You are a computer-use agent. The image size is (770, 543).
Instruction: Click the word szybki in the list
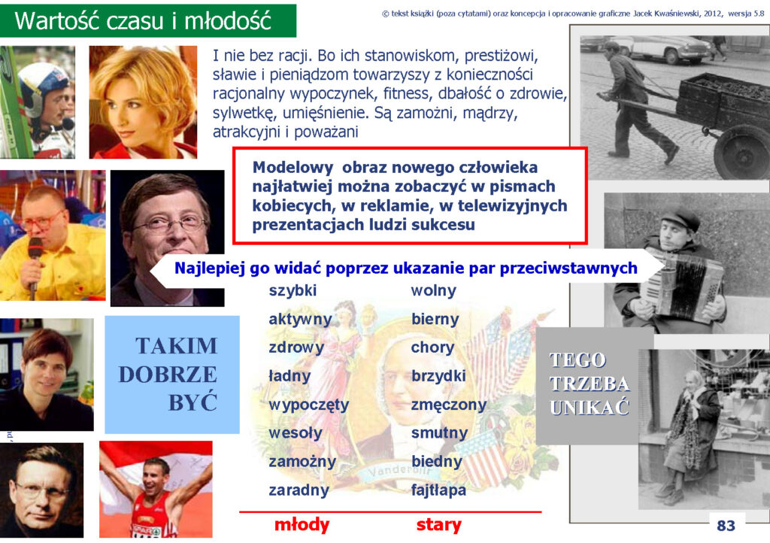(x=293, y=290)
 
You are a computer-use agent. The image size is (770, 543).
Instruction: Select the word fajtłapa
(x=438, y=490)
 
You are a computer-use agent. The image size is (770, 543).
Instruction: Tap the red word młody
(x=302, y=525)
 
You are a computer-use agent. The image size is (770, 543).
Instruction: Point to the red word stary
(x=438, y=525)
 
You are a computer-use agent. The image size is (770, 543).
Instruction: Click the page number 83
(x=726, y=526)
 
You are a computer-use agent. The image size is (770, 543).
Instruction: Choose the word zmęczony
(x=449, y=405)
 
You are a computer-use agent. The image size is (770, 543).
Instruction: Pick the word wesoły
(x=295, y=433)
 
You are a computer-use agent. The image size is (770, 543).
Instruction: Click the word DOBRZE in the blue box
(x=168, y=375)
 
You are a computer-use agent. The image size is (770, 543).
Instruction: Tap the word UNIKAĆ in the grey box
(x=590, y=408)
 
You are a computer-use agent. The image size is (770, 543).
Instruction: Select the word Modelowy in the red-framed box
(x=293, y=168)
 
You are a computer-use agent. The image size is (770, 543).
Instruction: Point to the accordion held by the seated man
(x=683, y=286)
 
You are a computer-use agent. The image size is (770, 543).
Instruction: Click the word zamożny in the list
(x=302, y=462)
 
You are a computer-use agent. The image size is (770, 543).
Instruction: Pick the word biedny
(x=437, y=462)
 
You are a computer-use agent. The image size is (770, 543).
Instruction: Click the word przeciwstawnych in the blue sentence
(x=568, y=268)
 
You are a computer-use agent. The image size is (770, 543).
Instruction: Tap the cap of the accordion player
(x=680, y=218)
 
